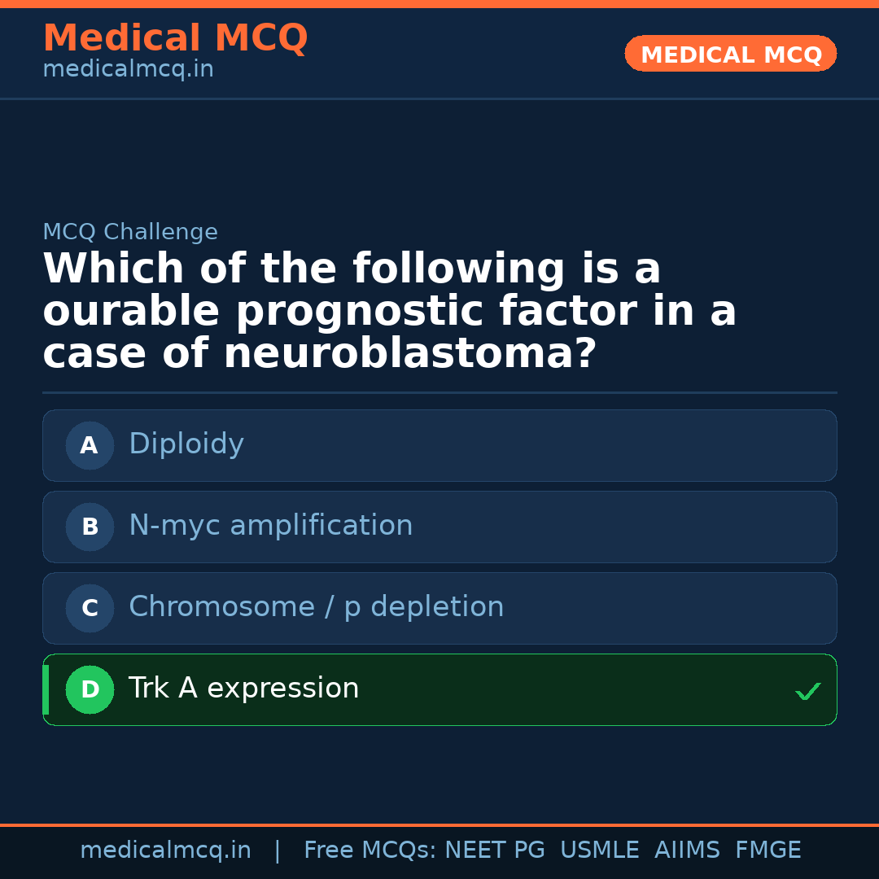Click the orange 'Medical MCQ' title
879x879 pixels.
tap(175, 38)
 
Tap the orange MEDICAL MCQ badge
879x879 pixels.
tap(730, 54)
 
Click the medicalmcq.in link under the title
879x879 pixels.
tap(128, 70)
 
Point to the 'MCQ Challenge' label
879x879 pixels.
tap(130, 232)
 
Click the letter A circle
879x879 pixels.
tap(90, 445)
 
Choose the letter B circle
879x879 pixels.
tap(90, 527)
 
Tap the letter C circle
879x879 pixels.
tap(90, 608)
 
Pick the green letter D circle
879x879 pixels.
tap(90, 689)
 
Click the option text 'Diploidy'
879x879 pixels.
tap(186, 444)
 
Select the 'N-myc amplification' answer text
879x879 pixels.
tap(270, 526)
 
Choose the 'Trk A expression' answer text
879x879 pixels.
tap(243, 689)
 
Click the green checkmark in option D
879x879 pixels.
tap(807, 691)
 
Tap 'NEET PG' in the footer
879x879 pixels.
tap(495, 851)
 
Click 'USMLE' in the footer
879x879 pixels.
tap(599, 851)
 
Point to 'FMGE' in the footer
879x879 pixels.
tap(767, 851)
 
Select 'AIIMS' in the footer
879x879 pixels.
tap(687, 851)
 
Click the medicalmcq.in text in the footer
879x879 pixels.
tap(165, 851)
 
